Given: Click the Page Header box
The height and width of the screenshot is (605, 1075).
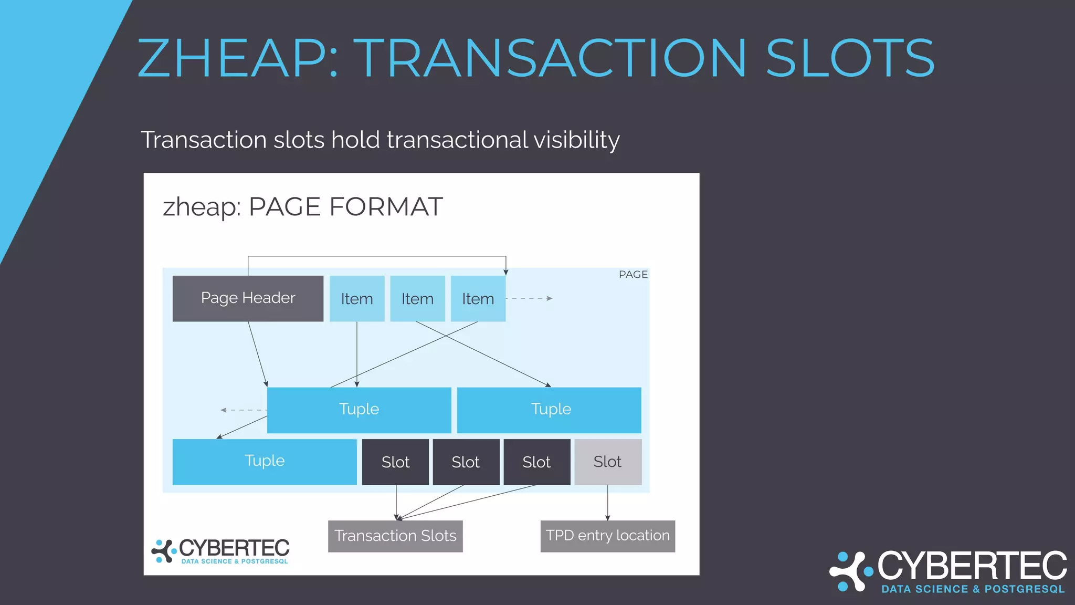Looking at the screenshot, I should pyautogui.click(x=248, y=298).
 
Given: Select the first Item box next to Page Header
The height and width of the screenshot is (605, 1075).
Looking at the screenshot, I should pyautogui.click(x=357, y=298).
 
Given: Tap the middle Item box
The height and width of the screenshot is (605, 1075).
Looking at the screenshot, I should pyautogui.click(x=417, y=298).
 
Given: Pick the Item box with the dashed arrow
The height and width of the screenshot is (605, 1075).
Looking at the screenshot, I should pyautogui.click(x=478, y=298).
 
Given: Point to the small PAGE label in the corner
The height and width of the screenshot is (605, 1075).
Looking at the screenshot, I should pyautogui.click(x=633, y=275).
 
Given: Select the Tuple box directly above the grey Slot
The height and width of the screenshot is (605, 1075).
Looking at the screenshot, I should pyautogui.click(x=549, y=410).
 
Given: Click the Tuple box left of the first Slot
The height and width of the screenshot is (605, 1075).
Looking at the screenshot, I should pyautogui.click(x=264, y=462).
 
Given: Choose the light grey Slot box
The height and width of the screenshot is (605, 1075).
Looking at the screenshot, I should pyautogui.click(x=607, y=462).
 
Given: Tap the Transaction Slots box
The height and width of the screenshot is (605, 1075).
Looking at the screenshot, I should pyautogui.click(x=395, y=536).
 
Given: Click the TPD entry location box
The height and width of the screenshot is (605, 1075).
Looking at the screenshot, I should pyautogui.click(x=607, y=536).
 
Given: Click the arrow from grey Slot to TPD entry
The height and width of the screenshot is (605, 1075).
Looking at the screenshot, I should pyautogui.click(x=607, y=503).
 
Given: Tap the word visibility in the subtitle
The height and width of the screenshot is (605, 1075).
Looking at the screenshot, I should pyautogui.click(x=576, y=140).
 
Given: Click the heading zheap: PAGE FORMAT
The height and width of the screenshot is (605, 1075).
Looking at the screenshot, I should pyautogui.click(x=303, y=206).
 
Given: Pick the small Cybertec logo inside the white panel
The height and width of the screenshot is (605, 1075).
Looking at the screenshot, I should pyautogui.click(x=220, y=551).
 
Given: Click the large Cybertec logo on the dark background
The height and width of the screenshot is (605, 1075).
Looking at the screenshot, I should pyautogui.click(x=948, y=572).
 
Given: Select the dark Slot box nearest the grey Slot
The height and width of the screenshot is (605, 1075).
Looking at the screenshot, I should pyautogui.click(x=536, y=462).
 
